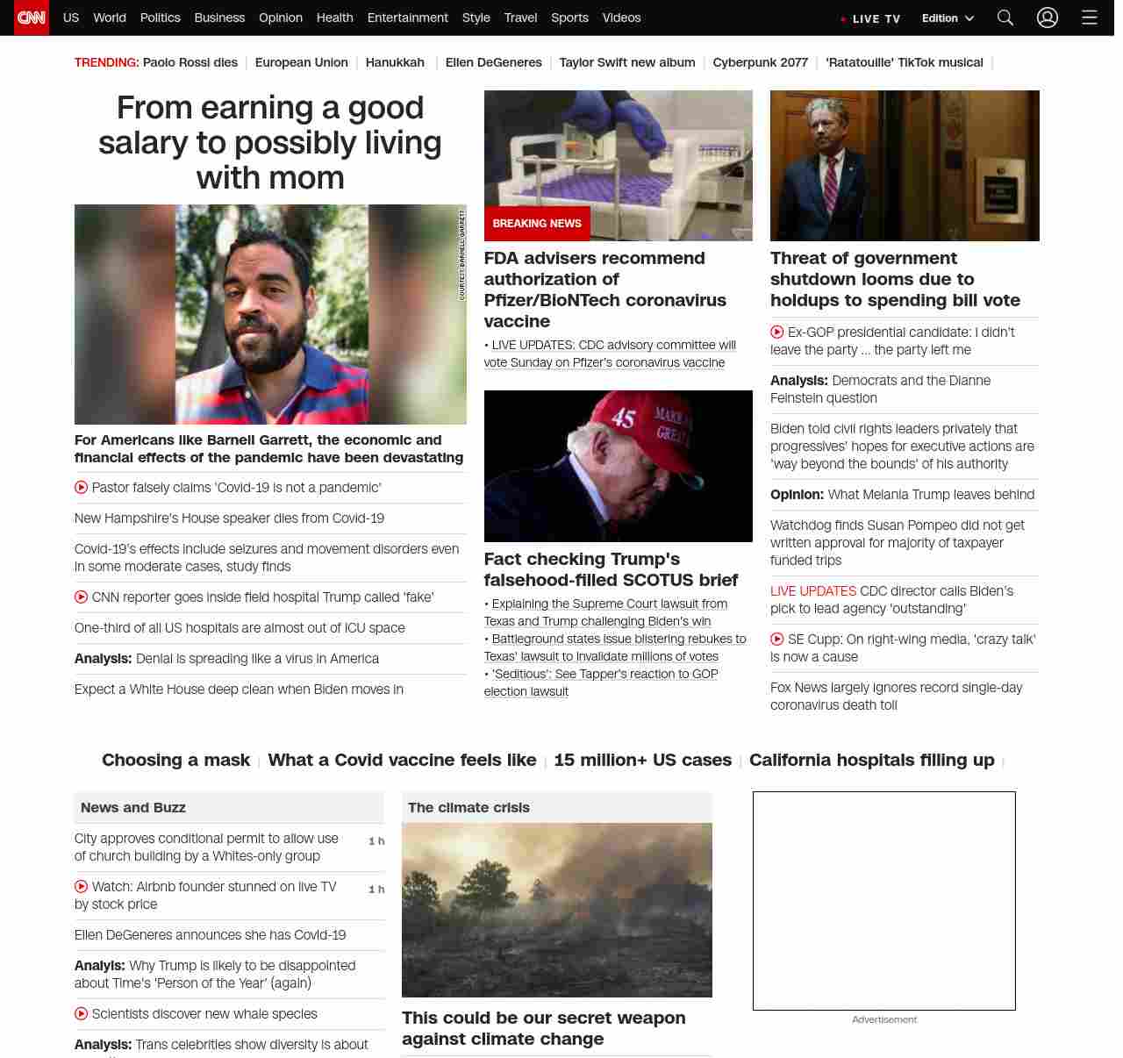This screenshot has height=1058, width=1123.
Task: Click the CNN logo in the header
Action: [x=32, y=18]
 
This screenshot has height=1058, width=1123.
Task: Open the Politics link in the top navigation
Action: [x=160, y=18]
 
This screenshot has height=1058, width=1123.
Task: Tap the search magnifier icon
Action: [x=1005, y=18]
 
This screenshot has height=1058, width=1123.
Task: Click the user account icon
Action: [x=1048, y=18]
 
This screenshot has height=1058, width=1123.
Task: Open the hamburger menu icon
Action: [x=1090, y=18]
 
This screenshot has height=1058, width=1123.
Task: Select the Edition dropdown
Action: [x=948, y=18]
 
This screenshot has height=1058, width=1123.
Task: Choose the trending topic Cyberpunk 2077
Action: [x=760, y=62]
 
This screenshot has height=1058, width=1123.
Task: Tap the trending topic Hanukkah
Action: [x=395, y=62]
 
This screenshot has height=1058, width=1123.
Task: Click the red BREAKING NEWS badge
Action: [x=537, y=224]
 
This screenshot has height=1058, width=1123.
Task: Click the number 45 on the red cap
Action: [x=623, y=418]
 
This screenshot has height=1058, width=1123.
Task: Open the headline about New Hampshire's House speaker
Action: [x=229, y=518]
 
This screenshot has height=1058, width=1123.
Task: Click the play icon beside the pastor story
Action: [x=82, y=488]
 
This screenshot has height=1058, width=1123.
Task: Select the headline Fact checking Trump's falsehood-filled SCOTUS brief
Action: [x=611, y=569]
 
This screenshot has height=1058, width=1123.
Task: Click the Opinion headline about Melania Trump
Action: [x=902, y=495]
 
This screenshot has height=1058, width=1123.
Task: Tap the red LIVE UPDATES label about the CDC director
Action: [x=812, y=591]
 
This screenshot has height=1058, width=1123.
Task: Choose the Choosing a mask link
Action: [x=175, y=760]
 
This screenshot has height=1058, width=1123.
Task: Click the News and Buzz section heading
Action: [x=133, y=807]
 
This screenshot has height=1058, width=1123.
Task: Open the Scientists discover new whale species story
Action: [x=204, y=1014]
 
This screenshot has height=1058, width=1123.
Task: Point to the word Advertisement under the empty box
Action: [x=883, y=1019]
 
